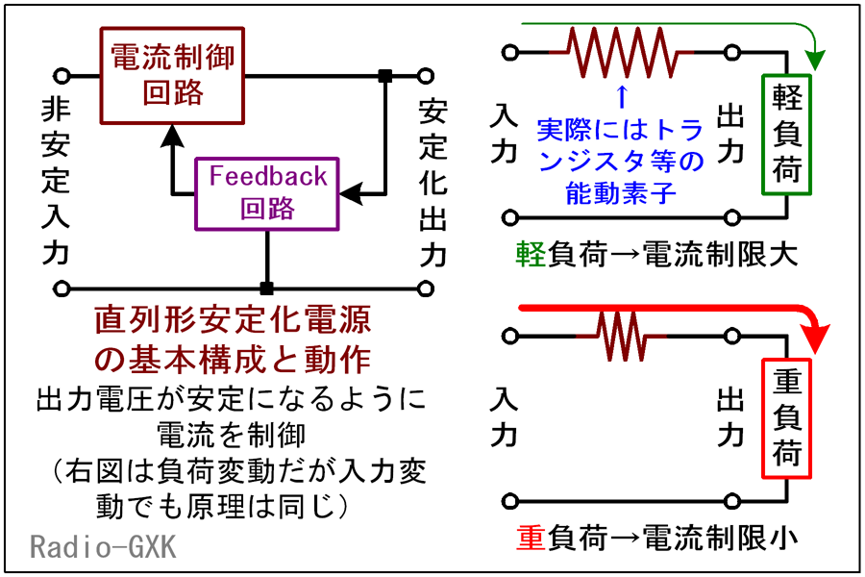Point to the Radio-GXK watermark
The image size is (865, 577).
[103, 547]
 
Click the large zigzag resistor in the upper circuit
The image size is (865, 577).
[622, 53]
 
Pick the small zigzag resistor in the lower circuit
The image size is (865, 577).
[622, 336]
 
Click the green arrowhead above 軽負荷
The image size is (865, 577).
[815, 60]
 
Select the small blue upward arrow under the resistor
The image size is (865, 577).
[622, 96]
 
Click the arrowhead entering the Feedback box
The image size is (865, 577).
[351, 194]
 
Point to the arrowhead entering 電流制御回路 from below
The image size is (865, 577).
[172, 136]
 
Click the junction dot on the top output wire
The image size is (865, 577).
[385, 76]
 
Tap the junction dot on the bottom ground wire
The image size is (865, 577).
[266, 288]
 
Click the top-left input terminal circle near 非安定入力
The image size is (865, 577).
[62, 76]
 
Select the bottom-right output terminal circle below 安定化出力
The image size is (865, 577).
[426, 288]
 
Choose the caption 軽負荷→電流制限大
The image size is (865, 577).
[656, 255]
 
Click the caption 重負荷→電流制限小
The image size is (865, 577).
[656, 539]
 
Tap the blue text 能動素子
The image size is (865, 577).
[621, 193]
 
